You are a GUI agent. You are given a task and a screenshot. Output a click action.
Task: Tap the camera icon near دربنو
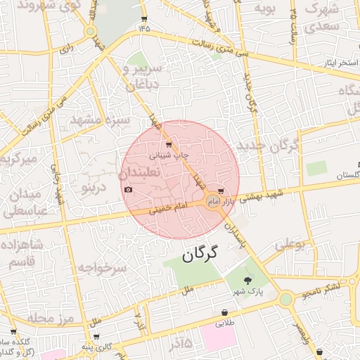point(128,190)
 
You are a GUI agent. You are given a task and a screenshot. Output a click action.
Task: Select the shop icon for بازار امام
point(222,191)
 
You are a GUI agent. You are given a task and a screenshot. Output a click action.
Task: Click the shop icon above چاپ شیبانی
point(167,144)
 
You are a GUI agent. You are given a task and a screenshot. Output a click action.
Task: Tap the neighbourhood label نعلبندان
point(139,172)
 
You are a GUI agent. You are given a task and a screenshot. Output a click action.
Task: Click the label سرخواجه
point(101,268)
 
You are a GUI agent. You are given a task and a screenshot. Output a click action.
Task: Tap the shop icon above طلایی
point(224,313)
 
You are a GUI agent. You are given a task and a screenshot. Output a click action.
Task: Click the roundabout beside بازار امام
point(212,202)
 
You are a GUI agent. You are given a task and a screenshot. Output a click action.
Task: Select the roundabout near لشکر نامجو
point(285,300)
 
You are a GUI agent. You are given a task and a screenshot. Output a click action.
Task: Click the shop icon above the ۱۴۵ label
point(144,18)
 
